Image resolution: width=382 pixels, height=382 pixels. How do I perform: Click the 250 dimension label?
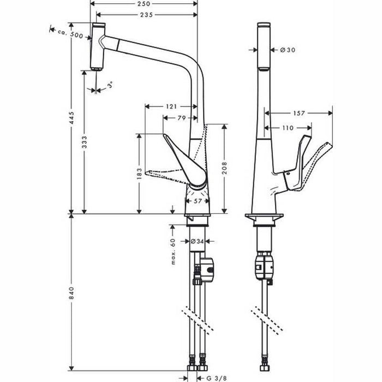click(x=143, y=5)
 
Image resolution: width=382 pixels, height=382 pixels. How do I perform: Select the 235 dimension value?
click(x=143, y=15)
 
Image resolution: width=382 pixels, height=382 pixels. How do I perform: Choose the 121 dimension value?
click(x=171, y=106)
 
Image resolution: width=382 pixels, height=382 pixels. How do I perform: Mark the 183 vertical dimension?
click(x=140, y=174)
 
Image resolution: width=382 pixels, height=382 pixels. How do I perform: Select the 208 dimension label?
click(x=224, y=168)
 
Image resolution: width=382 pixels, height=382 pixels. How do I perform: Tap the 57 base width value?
click(x=198, y=201)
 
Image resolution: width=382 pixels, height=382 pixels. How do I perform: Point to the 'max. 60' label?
click(x=172, y=251)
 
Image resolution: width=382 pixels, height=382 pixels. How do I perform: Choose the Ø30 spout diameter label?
click(x=287, y=50)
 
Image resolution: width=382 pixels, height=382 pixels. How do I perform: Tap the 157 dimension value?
click(x=299, y=114)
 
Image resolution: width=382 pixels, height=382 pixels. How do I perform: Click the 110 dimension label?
click(x=288, y=128)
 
